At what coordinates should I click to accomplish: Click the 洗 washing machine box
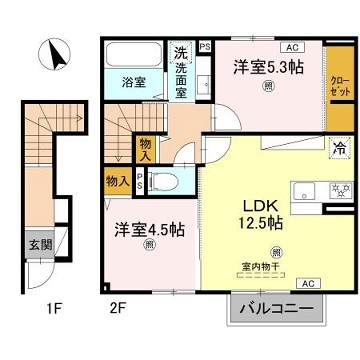pos(181,52)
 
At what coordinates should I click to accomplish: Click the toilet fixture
pos(170,181)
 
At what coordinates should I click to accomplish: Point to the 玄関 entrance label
pos(34,243)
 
